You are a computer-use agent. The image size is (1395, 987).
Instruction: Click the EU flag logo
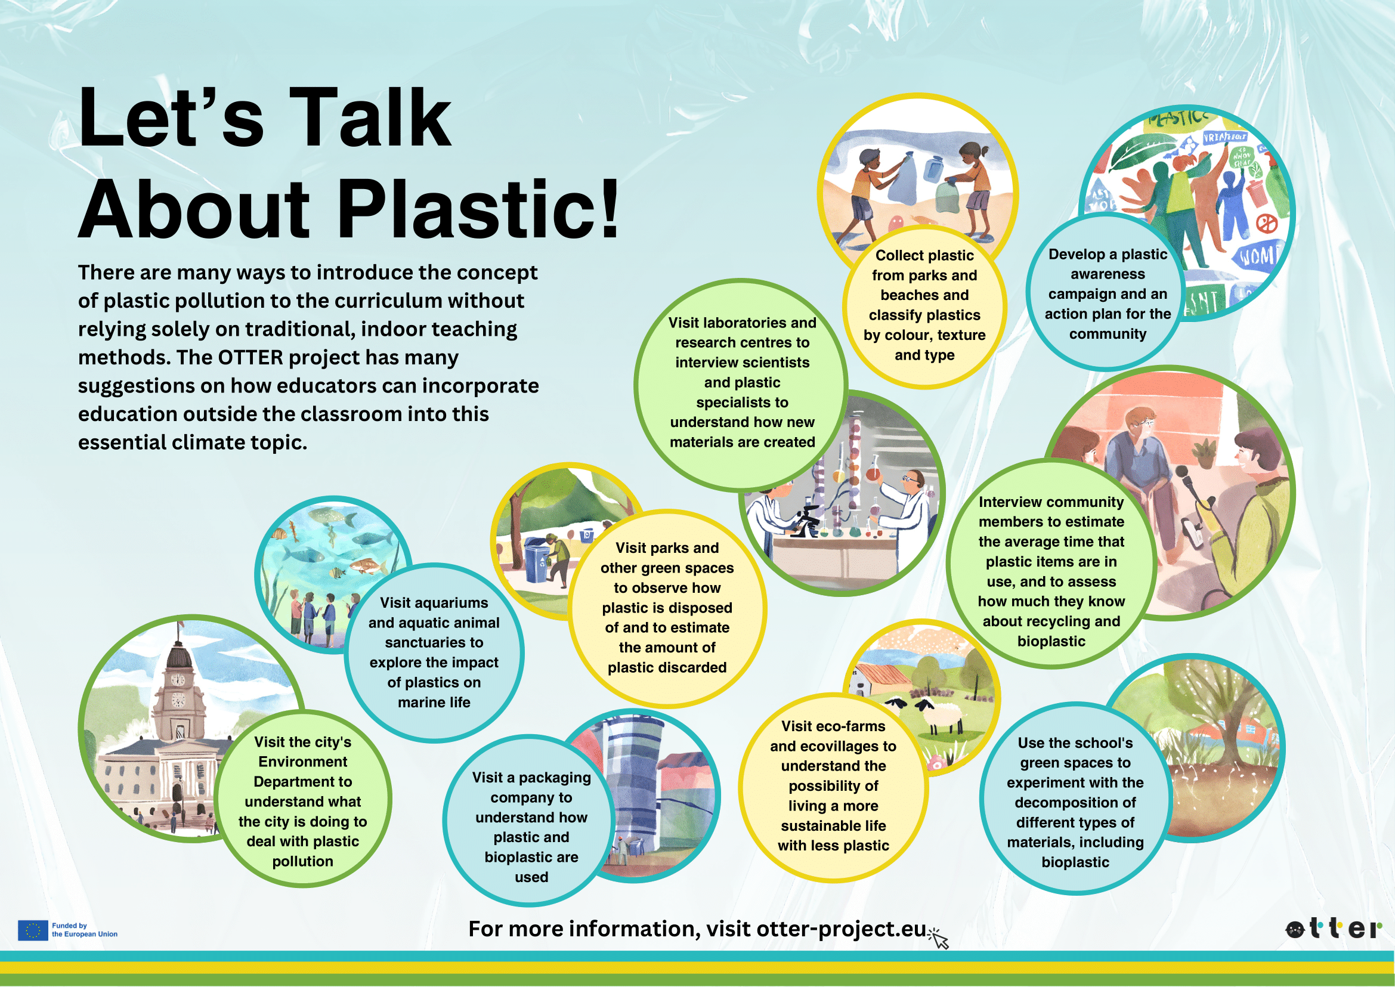[x=33, y=930]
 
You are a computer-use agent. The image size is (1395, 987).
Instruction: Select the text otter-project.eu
[x=842, y=929]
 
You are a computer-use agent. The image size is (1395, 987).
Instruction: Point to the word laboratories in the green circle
[x=743, y=323]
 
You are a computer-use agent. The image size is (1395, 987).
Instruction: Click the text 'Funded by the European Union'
[x=85, y=930]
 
